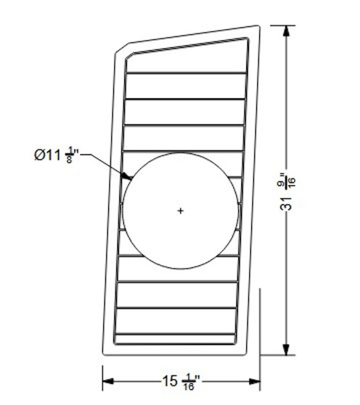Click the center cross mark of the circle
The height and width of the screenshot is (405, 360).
click(180, 210)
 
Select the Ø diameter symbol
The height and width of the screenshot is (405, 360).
click(40, 155)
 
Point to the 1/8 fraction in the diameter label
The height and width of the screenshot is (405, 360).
click(70, 155)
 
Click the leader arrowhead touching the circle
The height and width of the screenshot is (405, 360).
click(127, 176)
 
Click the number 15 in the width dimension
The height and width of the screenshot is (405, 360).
click(171, 379)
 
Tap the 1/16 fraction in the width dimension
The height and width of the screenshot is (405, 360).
click(189, 380)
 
